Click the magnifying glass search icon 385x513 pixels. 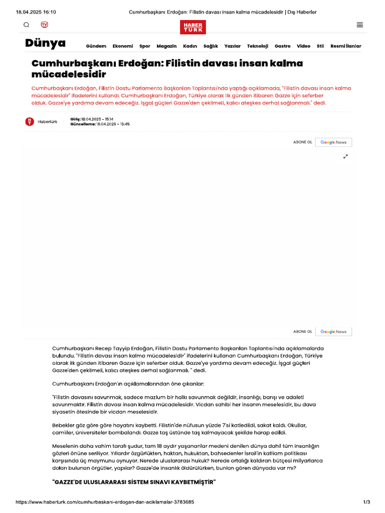click(27, 25)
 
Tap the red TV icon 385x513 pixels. click(45, 25)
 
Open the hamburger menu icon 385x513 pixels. click(359, 25)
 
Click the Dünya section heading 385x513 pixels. click(45, 44)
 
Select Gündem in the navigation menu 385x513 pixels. click(96, 46)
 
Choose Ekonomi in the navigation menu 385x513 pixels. click(123, 46)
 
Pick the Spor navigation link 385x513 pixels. click(145, 46)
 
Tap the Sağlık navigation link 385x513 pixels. click(211, 46)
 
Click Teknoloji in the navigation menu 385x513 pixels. click(258, 46)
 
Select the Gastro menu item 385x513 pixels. click(282, 46)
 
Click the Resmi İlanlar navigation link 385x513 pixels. click(345, 46)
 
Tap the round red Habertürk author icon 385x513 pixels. click(30, 121)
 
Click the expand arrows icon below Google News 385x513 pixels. click(345, 156)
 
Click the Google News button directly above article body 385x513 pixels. click(333, 332)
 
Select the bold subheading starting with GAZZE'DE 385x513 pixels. click(134, 482)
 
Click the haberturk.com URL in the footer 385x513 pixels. click(105, 502)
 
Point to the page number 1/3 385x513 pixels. click(366, 502)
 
